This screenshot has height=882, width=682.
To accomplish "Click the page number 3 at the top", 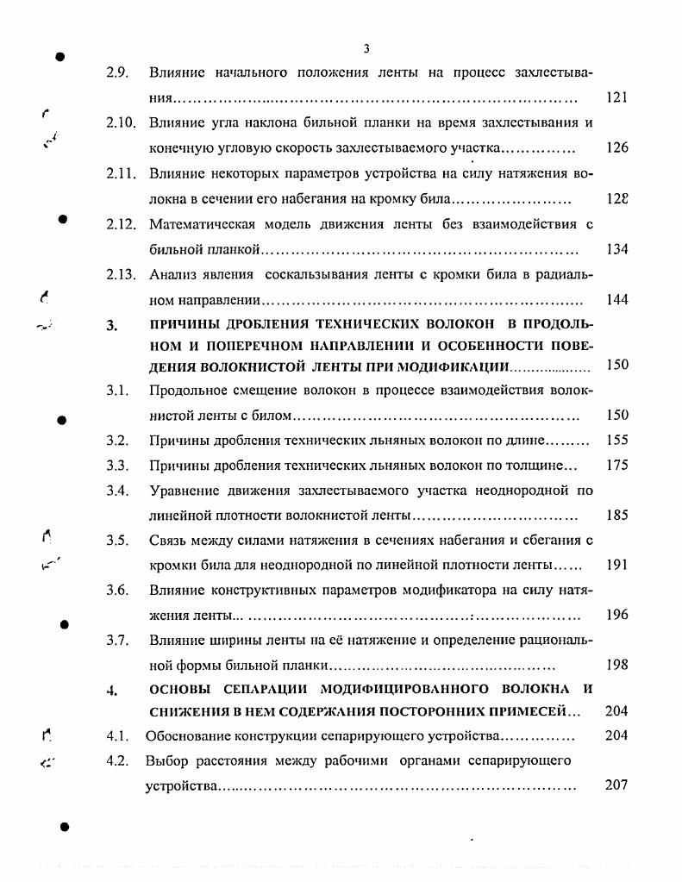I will tap(366, 49).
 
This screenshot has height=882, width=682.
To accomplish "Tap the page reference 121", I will tap(616, 97).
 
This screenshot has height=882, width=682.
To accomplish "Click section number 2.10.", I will tap(121, 123).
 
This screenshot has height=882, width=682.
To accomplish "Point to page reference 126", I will tap(616, 147).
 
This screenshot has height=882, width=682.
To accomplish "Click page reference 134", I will tap(616, 249).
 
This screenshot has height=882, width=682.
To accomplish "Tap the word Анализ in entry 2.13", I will tap(172, 275).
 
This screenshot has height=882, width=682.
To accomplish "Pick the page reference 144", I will tap(616, 300).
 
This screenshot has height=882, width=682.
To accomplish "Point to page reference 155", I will tap(616, 440).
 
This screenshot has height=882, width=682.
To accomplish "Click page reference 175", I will tap(616, 466).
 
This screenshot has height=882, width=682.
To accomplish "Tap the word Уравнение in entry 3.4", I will tap(183, 491).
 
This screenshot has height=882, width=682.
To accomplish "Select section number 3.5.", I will tap(117, 541).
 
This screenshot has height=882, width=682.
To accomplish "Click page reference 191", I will tap(616, 566).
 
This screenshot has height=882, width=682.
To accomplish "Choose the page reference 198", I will tap(616, 666).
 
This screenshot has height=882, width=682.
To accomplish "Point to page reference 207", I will tap(616, 785).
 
